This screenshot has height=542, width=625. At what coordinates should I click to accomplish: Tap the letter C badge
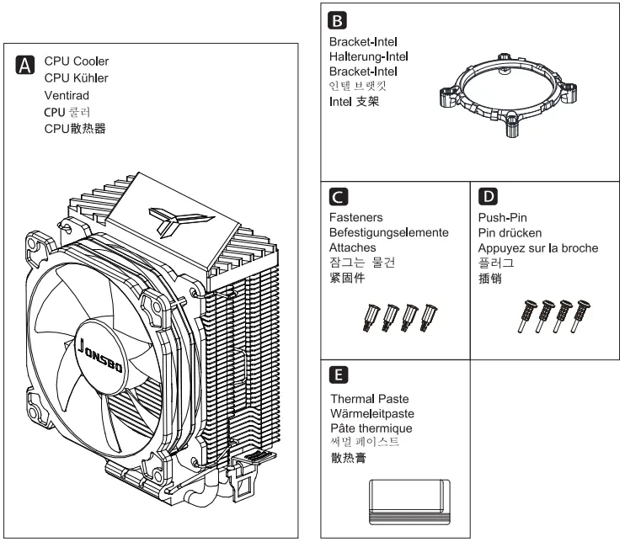tap(336, 198)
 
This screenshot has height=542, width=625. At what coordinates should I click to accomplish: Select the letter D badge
tap(486, 198)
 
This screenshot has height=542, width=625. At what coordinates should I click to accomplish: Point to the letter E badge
tap(336, 375)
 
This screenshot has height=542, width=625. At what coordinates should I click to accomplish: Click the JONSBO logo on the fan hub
tap(102, 346)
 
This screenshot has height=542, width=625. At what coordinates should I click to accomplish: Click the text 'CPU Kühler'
tap(76, 78)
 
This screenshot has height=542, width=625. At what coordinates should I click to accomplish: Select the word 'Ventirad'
tap(67, 95)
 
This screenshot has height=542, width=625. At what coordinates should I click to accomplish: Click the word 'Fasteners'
tap(355, 217)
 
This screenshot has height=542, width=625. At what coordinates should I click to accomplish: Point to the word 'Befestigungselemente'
tap(387, 233)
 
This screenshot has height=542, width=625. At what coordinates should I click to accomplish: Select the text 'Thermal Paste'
tap(366, 399)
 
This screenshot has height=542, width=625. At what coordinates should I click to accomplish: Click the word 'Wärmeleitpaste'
tap(371, 414)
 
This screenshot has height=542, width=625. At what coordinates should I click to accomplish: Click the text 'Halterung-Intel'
tap(368, 56)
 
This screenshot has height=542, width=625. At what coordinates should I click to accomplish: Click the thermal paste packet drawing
tap(410, 502)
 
